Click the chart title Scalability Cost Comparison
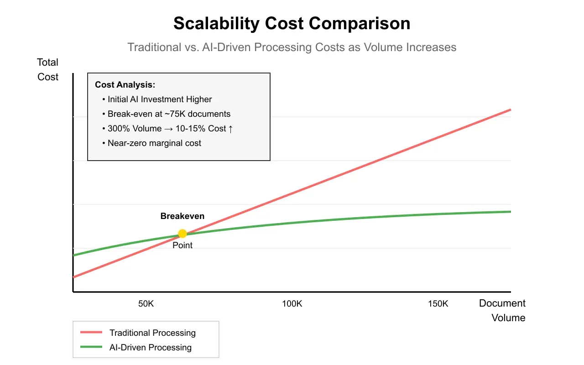pos(292,24)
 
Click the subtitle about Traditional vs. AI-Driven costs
pos(292,47)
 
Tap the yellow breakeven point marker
pos(182,234)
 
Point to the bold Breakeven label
pos(182,216)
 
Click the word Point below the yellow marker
pos(182,245)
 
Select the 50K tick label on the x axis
pos(146,304)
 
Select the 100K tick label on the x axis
pos(292,304)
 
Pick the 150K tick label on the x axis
pos(438,304)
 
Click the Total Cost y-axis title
pos(48,70)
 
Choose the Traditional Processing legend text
pos(152,333)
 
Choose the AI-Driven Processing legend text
pos(151,348)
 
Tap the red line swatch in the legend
pos(91,333)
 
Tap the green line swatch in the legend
pos(91,347)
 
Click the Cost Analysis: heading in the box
pos(125,85)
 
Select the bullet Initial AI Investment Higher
pos(160,99)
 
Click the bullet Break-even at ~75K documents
pos(169,114)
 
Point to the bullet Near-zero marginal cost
pos(154,143)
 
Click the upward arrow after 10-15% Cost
pos(231,129)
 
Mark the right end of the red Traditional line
pos(510,110)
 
